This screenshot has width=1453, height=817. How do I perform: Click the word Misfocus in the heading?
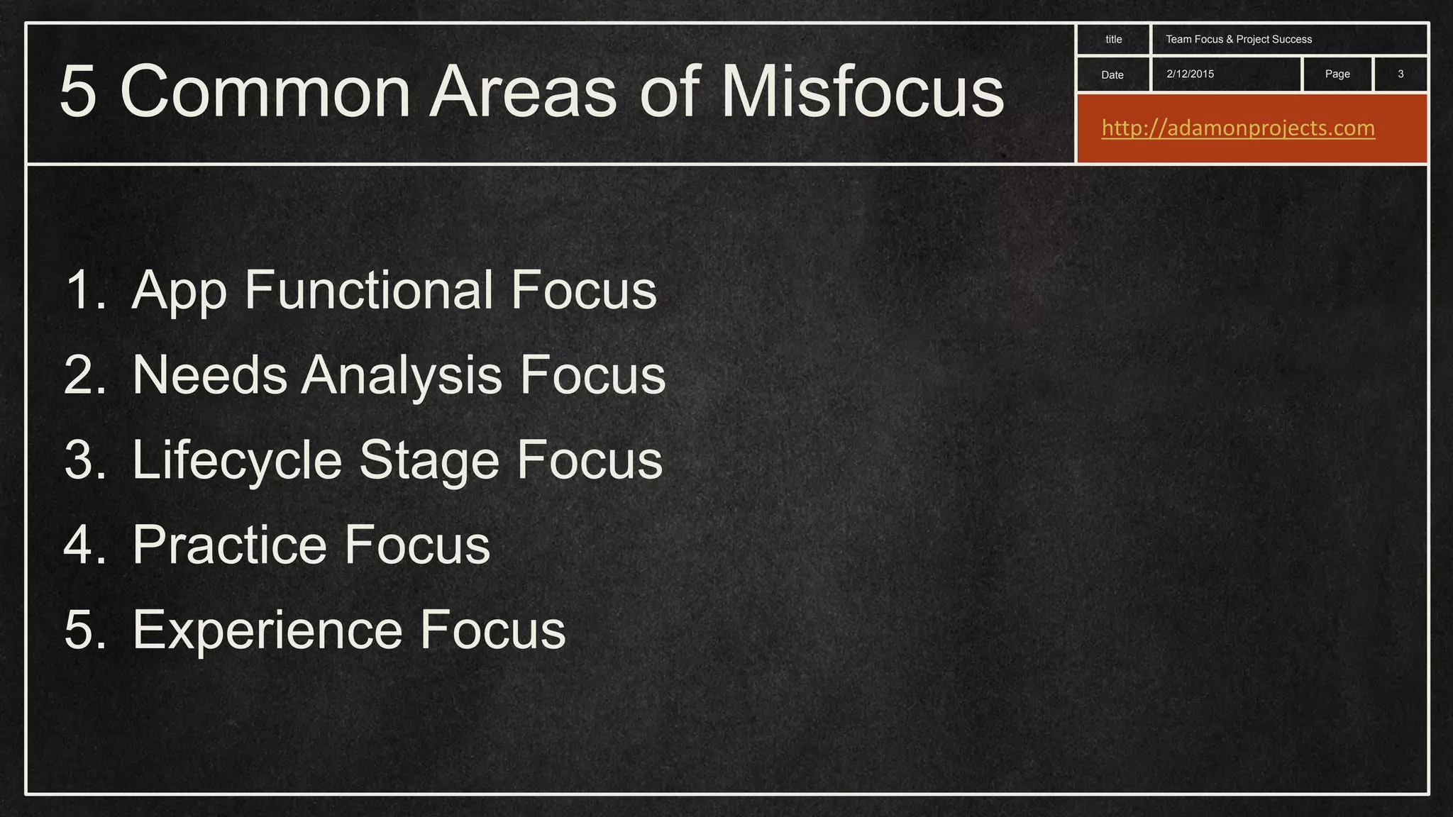coord(862,92)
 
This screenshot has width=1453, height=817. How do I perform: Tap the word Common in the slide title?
coord(265,92)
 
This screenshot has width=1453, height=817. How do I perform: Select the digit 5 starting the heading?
coord(77,92)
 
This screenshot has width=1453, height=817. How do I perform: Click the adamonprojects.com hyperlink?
coord(1238,128)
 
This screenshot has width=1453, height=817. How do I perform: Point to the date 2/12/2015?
coord(1190,74)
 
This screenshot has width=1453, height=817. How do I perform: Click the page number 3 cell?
coord(1400,74)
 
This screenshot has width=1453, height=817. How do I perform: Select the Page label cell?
coord(1337,74)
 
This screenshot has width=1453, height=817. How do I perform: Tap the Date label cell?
coord(1112,74)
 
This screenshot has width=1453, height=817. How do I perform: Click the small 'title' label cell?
coord(1113,40)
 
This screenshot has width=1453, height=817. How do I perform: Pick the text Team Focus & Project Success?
coord(1239,40)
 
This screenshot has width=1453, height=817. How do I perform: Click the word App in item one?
coord(179,291)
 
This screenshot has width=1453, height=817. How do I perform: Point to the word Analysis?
coord(402,376)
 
